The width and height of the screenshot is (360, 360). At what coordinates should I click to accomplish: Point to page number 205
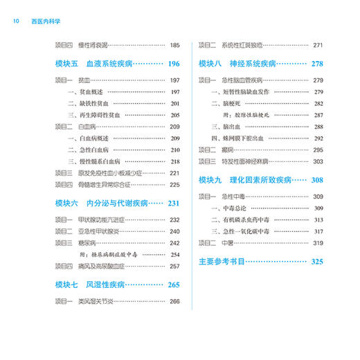pos(174,115)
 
